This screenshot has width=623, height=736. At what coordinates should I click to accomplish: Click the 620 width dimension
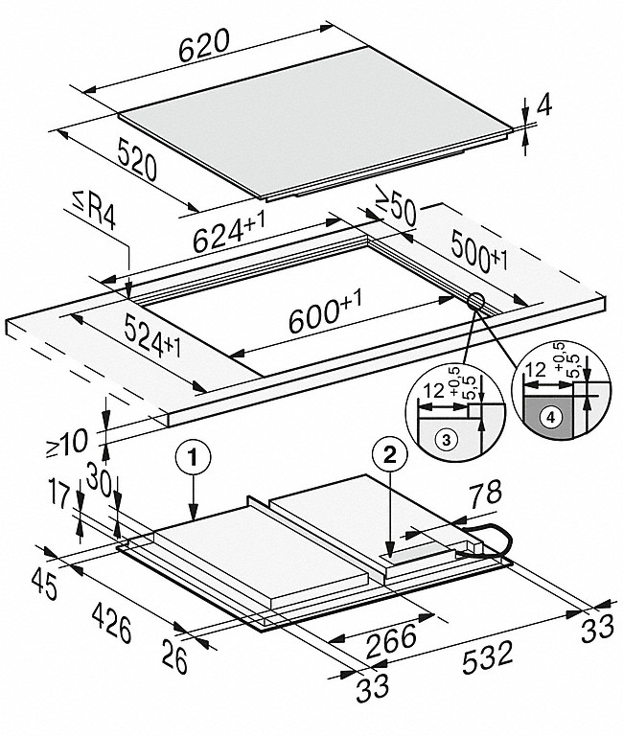tap(205, 46)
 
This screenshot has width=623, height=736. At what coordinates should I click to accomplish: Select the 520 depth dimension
tap(137, 159)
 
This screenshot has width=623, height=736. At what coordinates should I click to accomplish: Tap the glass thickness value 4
tap(543, 106)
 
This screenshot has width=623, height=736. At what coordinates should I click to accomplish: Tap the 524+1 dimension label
tap(152, 336)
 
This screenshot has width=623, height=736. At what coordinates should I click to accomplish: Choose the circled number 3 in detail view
tap(446, 440)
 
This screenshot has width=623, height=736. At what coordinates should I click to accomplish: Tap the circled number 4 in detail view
tap(551, 416)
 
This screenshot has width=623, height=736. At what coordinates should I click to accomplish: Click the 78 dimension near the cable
tap(485, 494)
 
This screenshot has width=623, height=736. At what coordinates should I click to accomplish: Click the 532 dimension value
tap(487, 657)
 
